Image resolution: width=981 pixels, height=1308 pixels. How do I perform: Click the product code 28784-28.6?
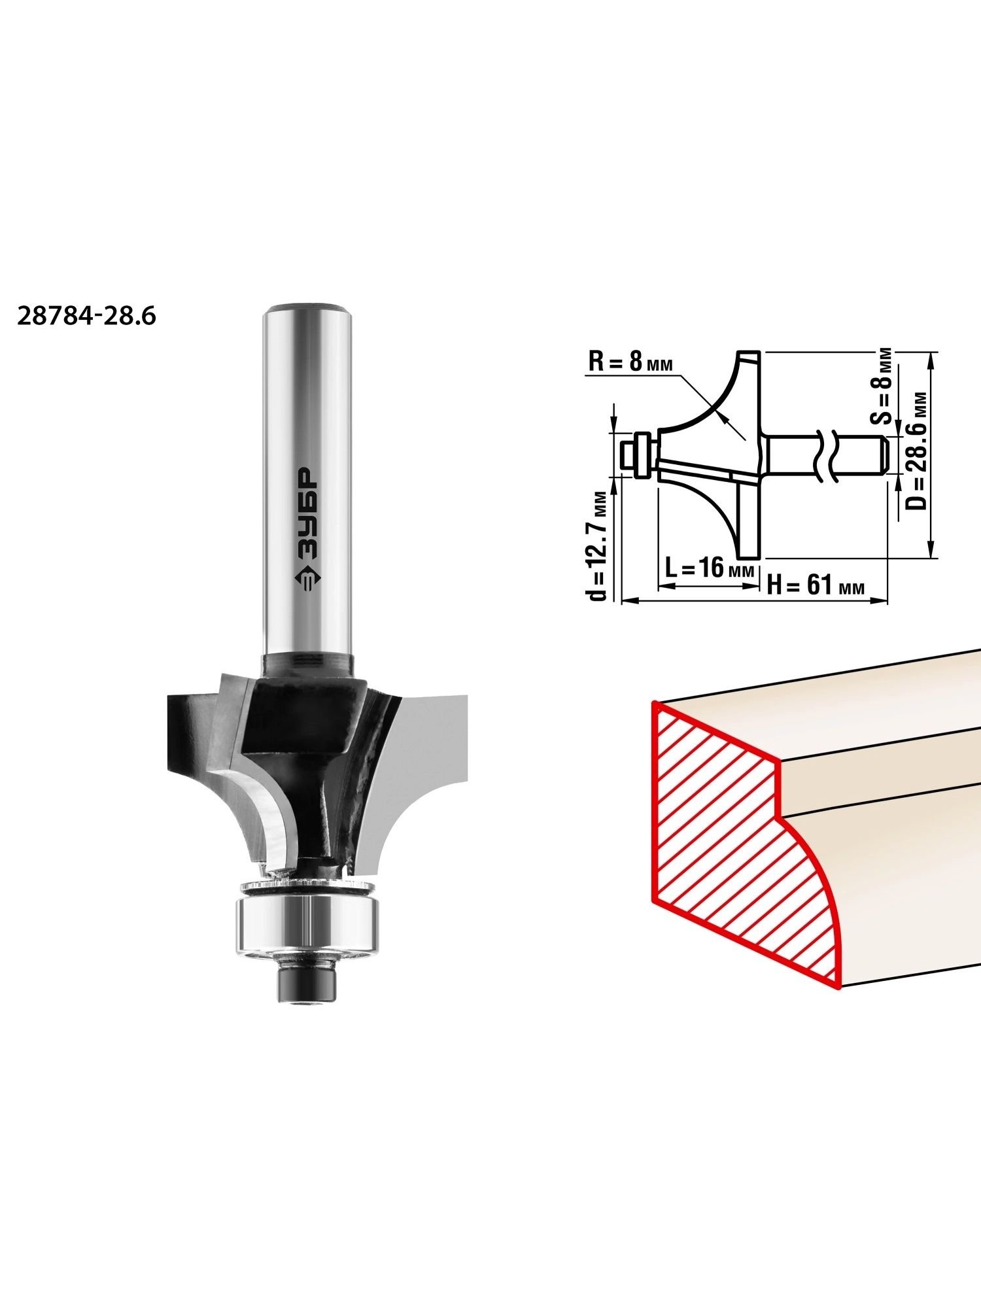click(x=86, y=317)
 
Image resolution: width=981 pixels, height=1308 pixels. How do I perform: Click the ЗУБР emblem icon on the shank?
click(x=307, y=579)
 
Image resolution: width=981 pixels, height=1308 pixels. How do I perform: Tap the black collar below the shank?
click(x=307, y=665)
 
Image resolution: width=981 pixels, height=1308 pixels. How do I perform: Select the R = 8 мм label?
click(x=630, y=362)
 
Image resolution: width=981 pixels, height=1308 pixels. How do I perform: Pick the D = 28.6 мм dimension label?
click(x=918, y=451)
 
